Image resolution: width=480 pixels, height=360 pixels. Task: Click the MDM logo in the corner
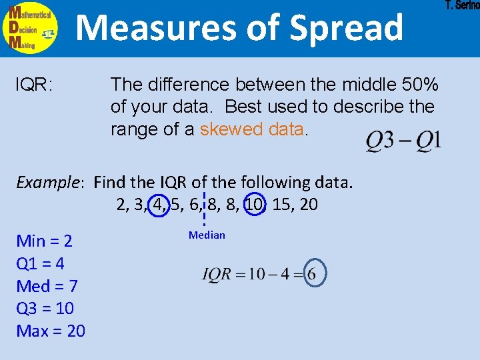click(x=31, y=28)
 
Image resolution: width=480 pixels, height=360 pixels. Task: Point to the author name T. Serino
click(x=462, y=6)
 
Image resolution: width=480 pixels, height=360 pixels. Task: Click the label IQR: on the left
click(x=35, y=85)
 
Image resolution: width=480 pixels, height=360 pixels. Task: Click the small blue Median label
click(x=207, y=235)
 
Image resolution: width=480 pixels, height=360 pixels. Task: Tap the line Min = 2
click(x=44, y=241)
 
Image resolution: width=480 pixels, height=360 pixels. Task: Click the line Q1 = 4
click(x=40, y=264)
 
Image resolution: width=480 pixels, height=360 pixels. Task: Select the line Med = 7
click(x=47, y=287)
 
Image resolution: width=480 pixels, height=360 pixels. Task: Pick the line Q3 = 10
click(x=45, y=309)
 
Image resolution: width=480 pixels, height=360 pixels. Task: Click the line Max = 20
click(x=51, y=331)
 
